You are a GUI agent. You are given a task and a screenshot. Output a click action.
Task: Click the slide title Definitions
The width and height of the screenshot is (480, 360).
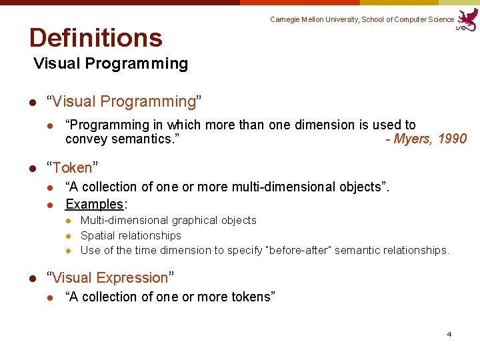tap(95, 38)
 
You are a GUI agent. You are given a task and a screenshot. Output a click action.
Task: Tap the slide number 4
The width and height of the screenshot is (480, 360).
tap(449, 334)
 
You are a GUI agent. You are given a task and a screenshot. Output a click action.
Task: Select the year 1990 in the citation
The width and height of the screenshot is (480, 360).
tap(453, 139)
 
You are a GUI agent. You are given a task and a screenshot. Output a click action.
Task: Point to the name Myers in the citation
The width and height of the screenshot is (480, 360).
tap(413, 139)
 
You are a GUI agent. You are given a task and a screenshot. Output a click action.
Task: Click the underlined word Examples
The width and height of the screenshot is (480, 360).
tap(94, 204)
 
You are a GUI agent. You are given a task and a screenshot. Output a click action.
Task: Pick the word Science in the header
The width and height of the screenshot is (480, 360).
tap(441, 19)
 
